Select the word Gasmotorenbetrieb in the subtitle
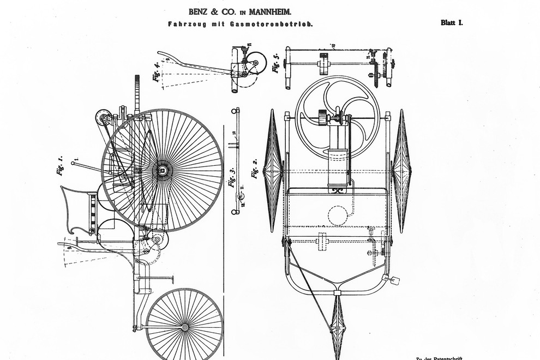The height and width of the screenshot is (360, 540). pos(281,24)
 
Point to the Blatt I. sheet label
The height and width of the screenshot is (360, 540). pos(452,23)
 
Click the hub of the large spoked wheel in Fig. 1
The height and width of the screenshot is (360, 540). pos(163,171)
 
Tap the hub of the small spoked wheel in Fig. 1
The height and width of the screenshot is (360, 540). pos(185,327)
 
